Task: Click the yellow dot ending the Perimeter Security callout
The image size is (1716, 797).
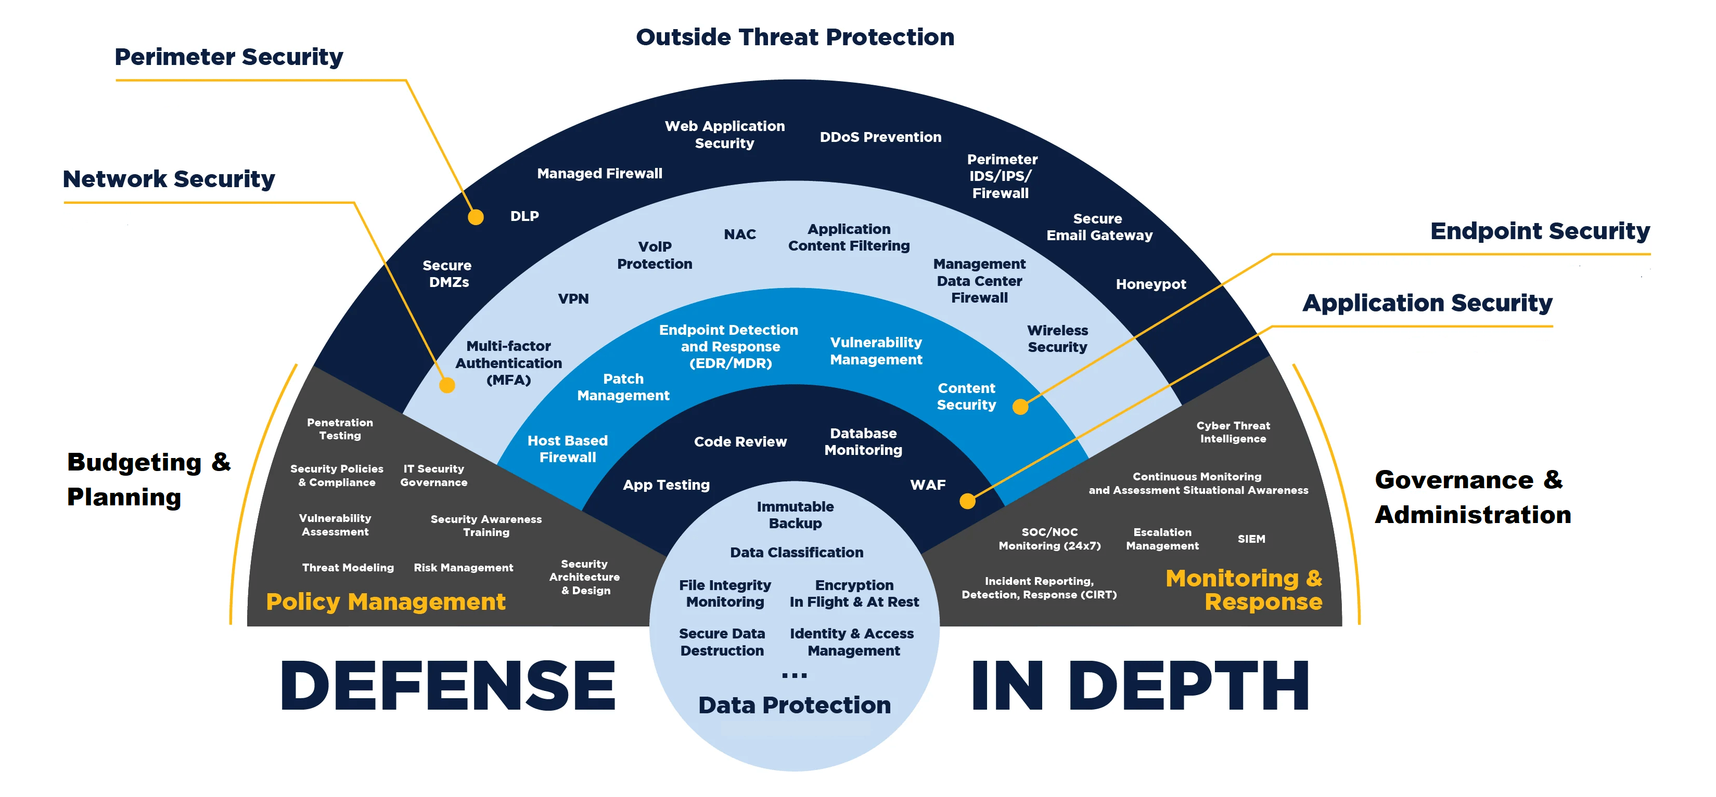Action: point(476,217)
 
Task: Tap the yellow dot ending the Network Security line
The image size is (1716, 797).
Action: point(447,385)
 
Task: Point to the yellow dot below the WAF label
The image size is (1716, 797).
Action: point(967,501)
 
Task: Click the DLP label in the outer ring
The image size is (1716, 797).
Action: point(525,216)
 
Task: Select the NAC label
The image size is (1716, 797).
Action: point(739,234)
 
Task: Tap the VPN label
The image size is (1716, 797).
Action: point(573,299)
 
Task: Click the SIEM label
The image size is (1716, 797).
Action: point(1251,539)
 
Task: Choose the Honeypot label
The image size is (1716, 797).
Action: point(1151,284)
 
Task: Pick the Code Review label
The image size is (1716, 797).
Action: point(740,441)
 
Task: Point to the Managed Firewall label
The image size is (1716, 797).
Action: point(599,174)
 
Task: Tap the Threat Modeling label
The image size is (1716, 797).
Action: point(348,567)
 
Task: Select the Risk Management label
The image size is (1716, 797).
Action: point(464,567)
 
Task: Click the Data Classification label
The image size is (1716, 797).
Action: point(797,552)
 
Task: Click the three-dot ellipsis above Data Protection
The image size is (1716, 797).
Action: point(794,676)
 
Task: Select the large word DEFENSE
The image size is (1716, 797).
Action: point(447,686)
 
